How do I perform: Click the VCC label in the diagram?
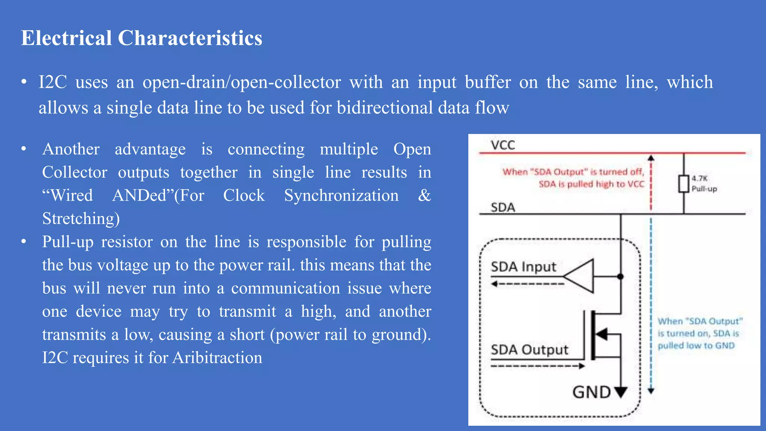pos(503,145)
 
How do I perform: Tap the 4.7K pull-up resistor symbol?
pos(684,184)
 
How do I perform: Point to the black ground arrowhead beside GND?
pos(621,392)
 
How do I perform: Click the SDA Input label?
pos(523,267)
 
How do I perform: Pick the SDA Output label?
pos(529,350)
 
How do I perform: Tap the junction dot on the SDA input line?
pos(621,276)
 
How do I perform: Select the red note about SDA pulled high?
pos(573,178)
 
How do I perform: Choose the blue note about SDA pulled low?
pos(699,333)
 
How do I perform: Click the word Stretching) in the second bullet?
pos(81,218)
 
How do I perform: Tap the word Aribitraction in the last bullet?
pos(217,358)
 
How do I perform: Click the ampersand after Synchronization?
pos(424,195)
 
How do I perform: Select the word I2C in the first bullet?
pos(53,82)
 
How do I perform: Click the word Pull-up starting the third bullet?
pos(68,242)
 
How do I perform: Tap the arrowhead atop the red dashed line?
pos(651,158)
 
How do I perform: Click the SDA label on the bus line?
pos(503,207)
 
